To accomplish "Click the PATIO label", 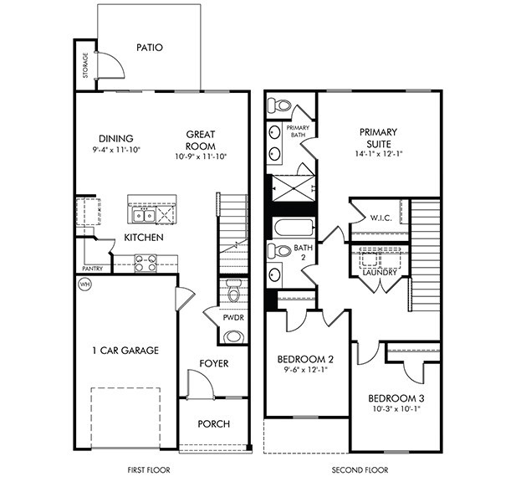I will click(x=149, y=47).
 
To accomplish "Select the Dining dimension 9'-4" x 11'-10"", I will click(x=116, y=151).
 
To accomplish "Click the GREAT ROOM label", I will click(x=201, y=140).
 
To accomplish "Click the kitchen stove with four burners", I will click(x=146, y=263).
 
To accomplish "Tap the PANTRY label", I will click(x=92, y=269).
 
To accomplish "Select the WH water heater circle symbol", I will click(x=84, y=285).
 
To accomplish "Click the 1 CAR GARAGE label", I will click(x=125, y=350).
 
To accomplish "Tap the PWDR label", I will click(x=233, y=319).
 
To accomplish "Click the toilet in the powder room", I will click(x=233, y=293).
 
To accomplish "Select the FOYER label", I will click(x=213, y=363).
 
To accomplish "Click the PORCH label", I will click(x=213, y=423).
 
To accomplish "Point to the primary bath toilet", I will click(x=279, y=106).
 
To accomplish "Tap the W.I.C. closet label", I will click(x=380, y=218).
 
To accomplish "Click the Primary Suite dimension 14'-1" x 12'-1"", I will click(x=378, y=154).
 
